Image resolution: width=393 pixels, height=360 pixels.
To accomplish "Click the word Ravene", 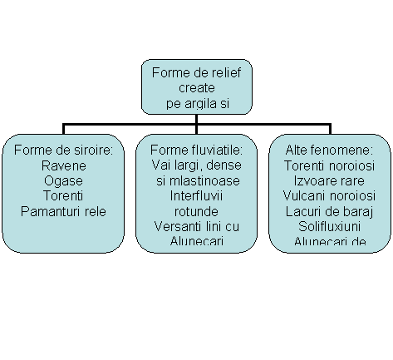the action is point(64,165).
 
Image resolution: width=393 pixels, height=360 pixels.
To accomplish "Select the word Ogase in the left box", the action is point(63,181).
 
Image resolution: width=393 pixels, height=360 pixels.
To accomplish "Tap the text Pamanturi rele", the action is point(63,211).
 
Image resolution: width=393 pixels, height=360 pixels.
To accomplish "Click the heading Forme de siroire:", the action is point(63,150).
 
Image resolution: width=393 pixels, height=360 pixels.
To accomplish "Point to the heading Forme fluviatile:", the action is point(196,150).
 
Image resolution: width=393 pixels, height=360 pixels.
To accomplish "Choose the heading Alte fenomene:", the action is point(329,150).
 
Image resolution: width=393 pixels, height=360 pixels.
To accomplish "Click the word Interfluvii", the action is point(196,195).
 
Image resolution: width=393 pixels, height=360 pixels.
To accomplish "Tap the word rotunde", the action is point(196,211).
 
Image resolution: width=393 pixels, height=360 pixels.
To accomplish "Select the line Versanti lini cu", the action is point(196,226).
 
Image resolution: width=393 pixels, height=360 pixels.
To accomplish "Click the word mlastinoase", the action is point(204,180).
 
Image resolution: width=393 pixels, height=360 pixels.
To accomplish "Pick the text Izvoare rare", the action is point(329,180).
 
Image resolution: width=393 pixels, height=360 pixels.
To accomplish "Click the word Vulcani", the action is point(305,195).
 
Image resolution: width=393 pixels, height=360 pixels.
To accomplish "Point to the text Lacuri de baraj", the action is point(329,212).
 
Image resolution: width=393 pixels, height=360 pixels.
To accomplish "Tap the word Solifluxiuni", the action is point(329,226).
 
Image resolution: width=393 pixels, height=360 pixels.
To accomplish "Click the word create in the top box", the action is point(197,88).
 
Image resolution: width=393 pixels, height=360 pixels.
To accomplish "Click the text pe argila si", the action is point(198,104).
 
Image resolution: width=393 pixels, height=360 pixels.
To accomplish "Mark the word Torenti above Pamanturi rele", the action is point(63,195).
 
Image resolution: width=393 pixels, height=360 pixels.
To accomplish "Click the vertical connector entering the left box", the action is point(63,129).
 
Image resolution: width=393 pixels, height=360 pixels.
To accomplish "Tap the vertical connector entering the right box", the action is point(330,129).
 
